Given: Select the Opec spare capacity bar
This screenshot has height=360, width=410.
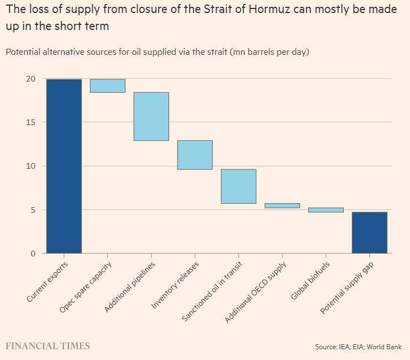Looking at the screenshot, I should click(x=107, y=85).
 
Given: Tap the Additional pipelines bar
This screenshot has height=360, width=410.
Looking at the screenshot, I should click(x=151, y=116).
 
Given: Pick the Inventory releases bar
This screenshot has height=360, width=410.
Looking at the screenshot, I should click(x=195, y=155).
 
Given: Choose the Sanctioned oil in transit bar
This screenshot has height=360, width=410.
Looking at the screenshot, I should click(x=238, y=186).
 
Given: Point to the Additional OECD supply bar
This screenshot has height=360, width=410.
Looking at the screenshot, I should click(x=282, y=205).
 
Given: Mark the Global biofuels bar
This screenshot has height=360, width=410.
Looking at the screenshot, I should click(x=326, y=210).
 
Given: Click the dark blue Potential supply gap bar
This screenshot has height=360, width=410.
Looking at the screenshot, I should click(x=369, y=233).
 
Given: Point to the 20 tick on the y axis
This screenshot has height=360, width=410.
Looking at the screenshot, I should click(x=29, y=79).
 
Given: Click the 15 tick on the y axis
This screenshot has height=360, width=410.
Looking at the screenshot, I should click(x=29, y=122).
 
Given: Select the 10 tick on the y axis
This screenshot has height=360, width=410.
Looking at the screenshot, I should click(x=29, y=166).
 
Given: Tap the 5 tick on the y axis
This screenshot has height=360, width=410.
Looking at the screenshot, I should click(x=32, y=210).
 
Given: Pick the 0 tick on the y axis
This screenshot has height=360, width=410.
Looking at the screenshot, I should click(x=32, y=254).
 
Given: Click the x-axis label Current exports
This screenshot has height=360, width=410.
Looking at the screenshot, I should click(x=48, y=281).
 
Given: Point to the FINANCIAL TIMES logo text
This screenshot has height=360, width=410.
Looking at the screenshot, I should click(x=48, y=346).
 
